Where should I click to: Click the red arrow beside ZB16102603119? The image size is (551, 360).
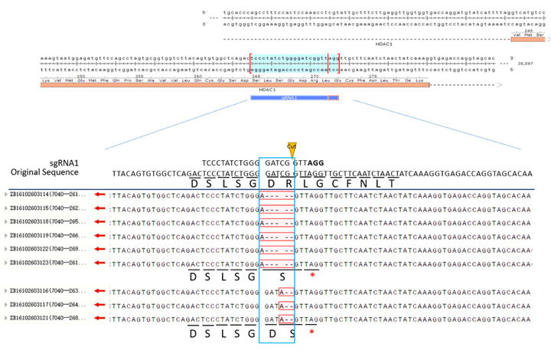[x=99, y=236]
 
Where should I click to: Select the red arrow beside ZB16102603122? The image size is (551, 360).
[x=99, y=249]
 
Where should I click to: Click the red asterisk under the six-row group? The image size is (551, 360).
[x=313, y=276]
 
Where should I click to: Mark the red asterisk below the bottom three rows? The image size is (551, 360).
[x=311, y=333]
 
